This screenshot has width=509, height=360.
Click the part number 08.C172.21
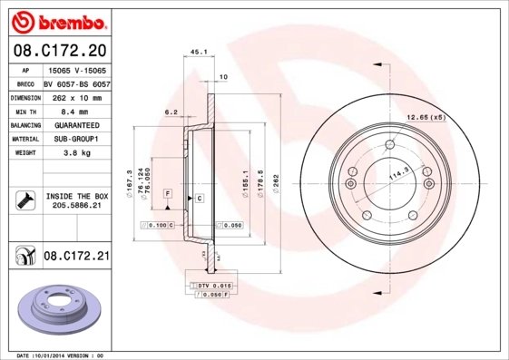[76, 257]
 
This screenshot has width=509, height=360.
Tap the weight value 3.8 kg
[77, 153]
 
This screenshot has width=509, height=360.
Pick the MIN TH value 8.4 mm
[76, 111]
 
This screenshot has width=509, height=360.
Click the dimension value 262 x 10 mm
[76, 96]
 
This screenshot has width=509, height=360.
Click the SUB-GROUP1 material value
[77, 139]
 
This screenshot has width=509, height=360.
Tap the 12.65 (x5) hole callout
[426, 116]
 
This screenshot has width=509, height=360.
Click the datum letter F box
[168, 194]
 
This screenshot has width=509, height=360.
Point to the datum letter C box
[199, 197]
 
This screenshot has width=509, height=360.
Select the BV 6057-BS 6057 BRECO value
[76, 83]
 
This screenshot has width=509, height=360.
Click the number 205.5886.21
[76, 207]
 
